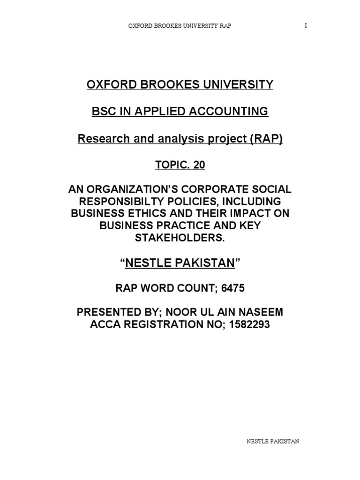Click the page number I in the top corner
coord(306,26)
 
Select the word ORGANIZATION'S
coord(141,191)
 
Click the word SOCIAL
coord(270,191)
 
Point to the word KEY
coord(247,226)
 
